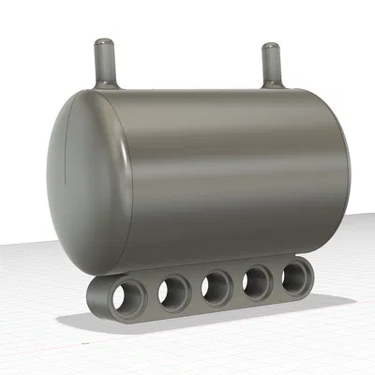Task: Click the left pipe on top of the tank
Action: pyautogui.click(x=104, y=64)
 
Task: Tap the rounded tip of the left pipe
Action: pyautogui.click(x=104, y=43)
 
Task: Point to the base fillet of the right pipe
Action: pyautogui.click(x=272, y=84)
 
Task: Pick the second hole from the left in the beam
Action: pyautogui.click(x=173, y=292)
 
